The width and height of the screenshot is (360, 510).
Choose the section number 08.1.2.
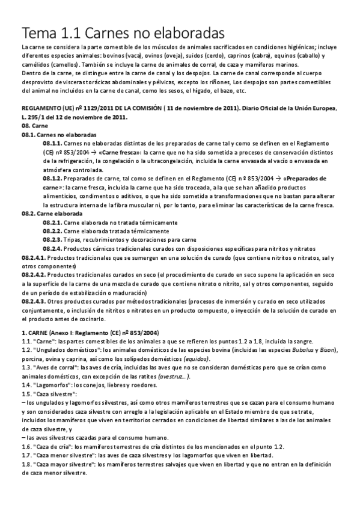click(52, 179)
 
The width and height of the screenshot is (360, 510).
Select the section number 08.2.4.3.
click(32, 298)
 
